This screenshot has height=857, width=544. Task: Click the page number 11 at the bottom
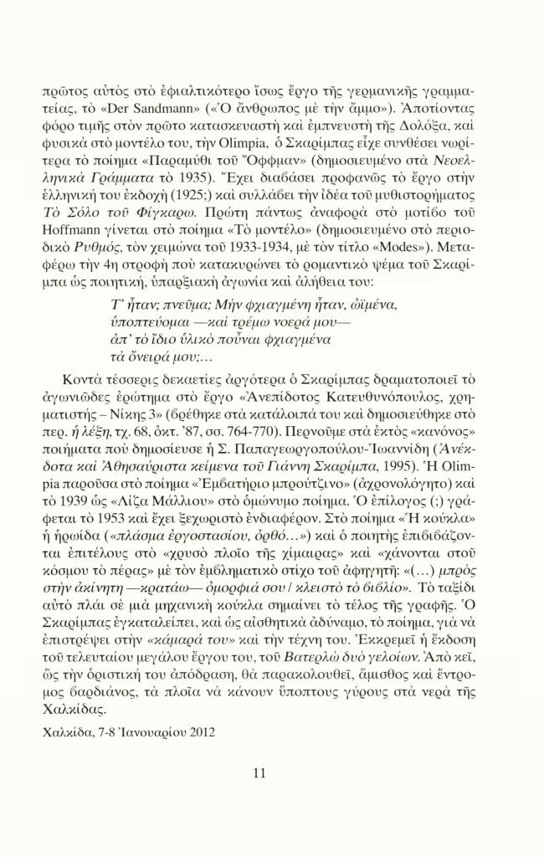[259, 772]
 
